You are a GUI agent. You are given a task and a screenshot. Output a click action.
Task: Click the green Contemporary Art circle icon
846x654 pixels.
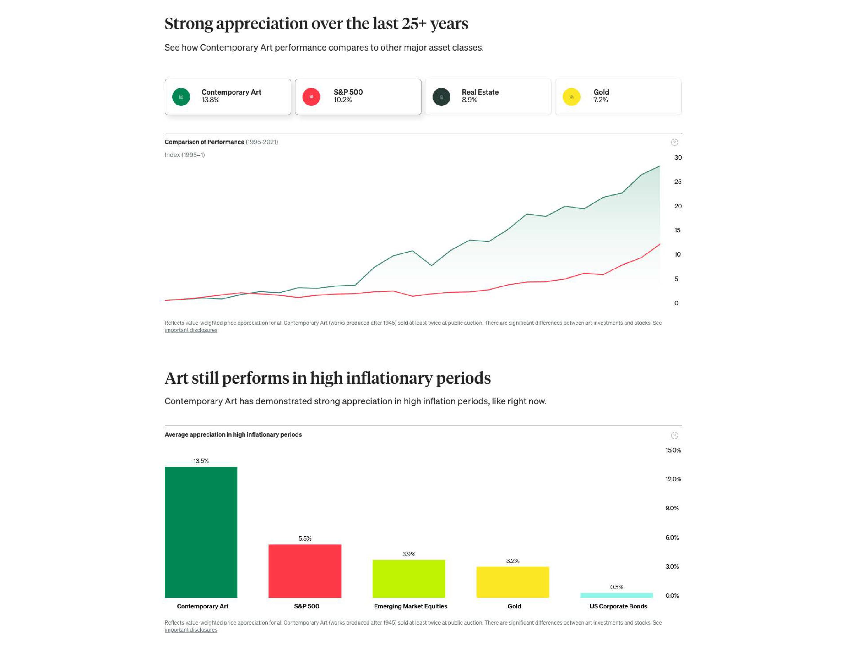181,97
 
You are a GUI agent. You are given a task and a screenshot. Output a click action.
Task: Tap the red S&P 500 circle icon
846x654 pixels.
311,97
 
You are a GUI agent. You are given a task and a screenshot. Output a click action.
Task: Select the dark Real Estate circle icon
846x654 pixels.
441,97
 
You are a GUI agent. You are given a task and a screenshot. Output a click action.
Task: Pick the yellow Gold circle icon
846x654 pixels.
571,97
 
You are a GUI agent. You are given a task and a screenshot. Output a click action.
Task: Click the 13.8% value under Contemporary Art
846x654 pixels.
210,100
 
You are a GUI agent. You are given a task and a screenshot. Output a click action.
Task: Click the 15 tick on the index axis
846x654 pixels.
677,230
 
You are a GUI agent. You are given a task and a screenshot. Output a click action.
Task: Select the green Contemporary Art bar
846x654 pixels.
201,532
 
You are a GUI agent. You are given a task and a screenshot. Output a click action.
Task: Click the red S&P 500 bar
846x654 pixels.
305,571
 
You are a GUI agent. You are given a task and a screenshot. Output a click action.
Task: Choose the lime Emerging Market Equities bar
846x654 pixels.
409,578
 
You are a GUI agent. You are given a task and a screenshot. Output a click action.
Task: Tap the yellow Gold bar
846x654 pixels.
513,582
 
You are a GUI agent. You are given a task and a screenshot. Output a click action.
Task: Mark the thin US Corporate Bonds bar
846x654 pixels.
616,595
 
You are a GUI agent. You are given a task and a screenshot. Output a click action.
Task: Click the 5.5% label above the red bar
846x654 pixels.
305,538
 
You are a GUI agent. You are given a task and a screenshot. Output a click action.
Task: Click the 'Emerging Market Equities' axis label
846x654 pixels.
410,606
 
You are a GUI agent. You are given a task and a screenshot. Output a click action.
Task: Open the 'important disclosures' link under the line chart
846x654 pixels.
191,330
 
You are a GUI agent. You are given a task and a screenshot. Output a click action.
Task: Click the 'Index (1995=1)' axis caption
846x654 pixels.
185,155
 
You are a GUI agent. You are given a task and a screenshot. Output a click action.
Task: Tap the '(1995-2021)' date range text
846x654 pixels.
262,142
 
